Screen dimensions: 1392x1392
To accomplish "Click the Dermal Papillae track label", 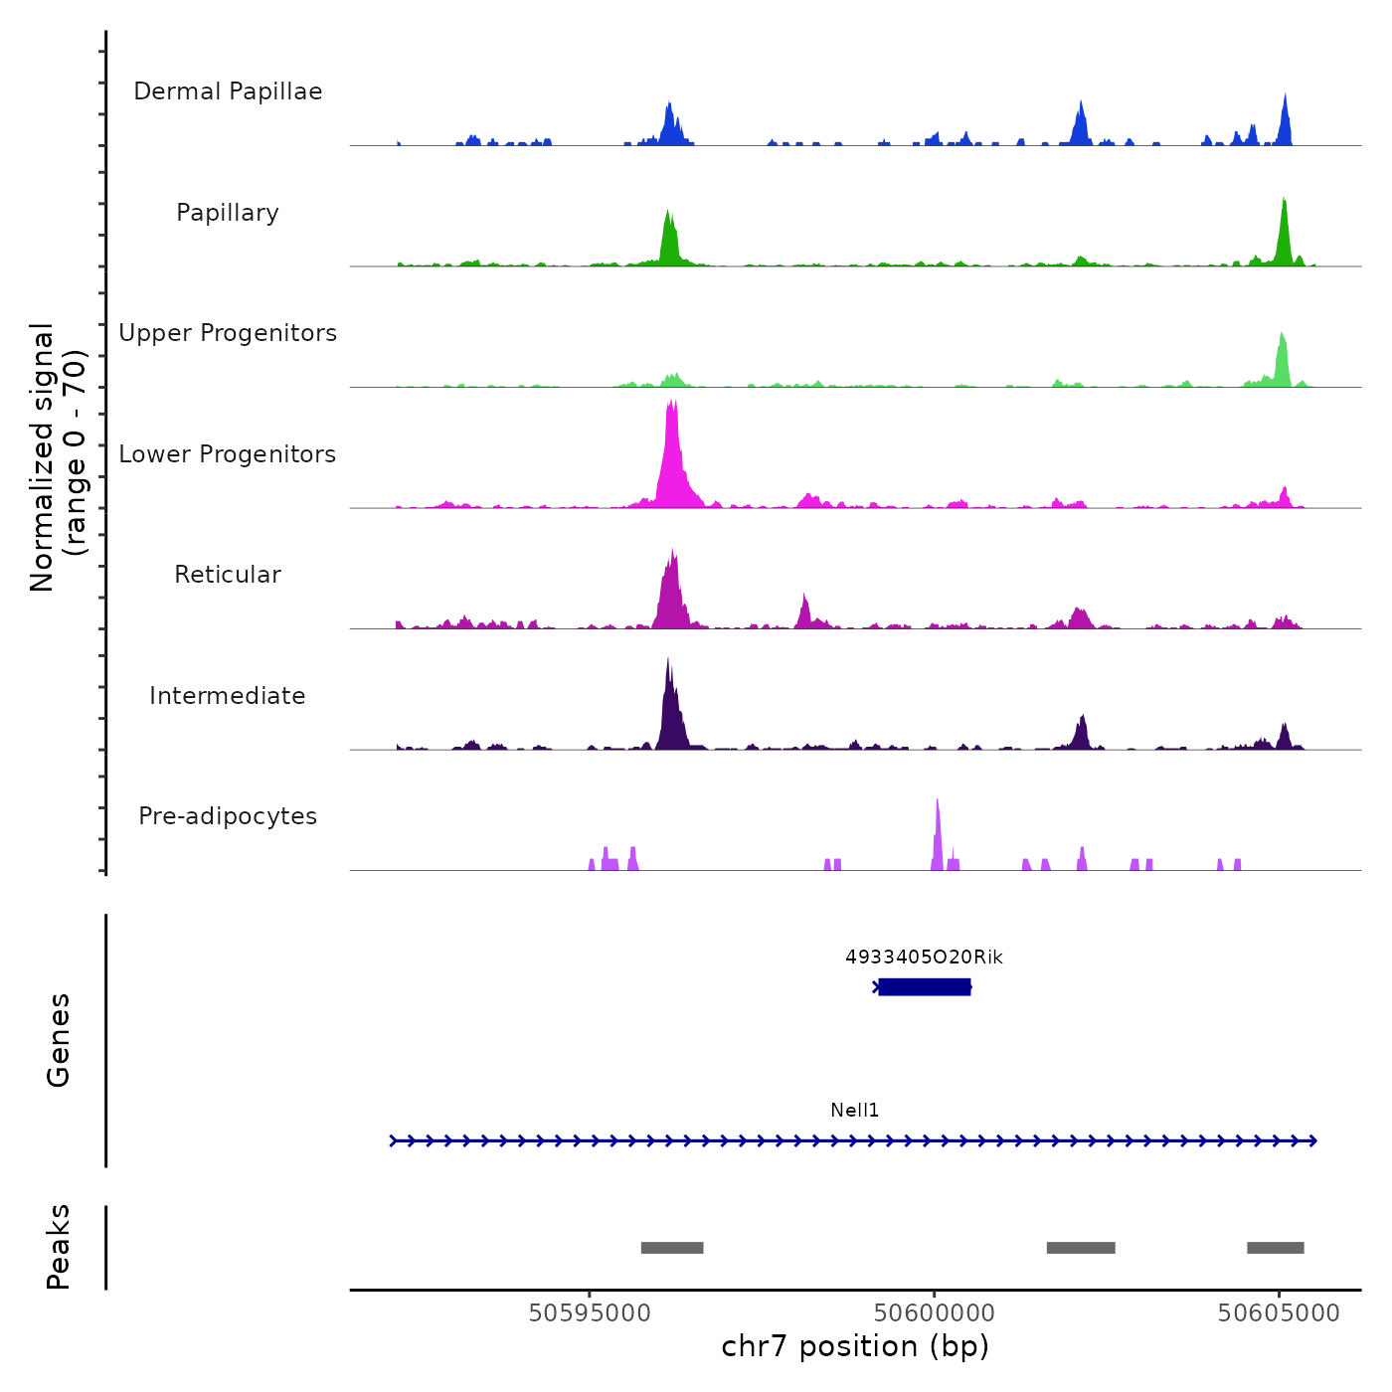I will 228,91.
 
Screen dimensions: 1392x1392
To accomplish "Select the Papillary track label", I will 228,213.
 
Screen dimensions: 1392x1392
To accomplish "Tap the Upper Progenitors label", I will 228,333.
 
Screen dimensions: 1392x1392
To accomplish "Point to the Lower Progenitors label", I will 228,454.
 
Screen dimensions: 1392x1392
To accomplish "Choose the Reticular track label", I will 228,575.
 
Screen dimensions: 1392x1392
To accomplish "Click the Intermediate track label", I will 228,696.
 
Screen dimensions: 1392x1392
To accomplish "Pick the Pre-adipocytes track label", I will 228,816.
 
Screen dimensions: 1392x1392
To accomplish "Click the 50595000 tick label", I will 590,1313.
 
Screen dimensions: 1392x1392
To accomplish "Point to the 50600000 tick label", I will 935,1313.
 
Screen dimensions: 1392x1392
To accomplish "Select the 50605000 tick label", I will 1279,1313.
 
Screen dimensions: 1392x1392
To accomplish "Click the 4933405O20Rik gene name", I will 924,957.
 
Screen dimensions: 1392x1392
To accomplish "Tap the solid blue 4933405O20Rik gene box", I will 924,986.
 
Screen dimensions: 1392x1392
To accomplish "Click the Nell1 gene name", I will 855,1111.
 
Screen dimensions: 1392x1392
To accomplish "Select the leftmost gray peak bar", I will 672,1248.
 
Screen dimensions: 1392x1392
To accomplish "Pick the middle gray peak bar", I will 1081,1248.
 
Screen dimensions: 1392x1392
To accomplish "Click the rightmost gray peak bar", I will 1276,1248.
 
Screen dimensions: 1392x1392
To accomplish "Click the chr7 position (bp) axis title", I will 855,1347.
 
